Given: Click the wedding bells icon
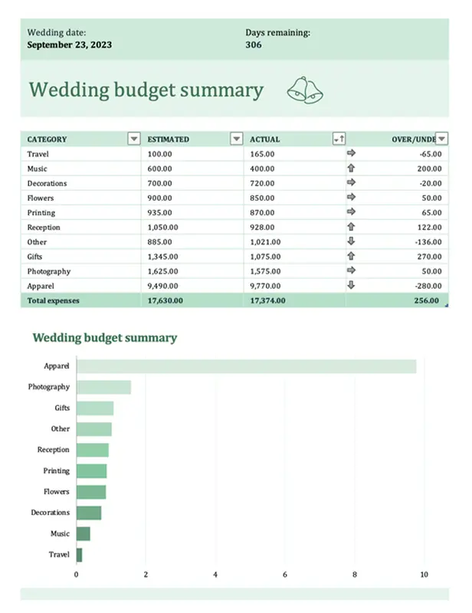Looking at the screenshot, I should (306, 90).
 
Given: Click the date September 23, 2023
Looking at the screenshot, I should (70, 44).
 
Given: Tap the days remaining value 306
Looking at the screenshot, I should (254, 44).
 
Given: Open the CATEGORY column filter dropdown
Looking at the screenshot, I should (134, 139).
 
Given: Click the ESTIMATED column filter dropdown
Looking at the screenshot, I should (236, 139).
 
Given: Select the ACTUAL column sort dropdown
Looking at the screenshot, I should (339, 139).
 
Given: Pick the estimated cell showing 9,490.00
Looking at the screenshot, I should (162, 286).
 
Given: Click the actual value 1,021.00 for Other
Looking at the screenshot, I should (266, 242).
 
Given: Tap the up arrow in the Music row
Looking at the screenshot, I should (352, 169).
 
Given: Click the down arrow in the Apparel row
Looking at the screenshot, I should (352, 285).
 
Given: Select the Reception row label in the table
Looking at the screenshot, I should (44, 228).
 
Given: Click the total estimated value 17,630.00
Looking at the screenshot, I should (165, 300).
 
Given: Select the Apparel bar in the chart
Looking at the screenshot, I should (245, 366).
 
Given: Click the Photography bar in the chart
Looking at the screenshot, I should (103, 387).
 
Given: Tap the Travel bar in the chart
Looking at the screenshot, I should (79, 555).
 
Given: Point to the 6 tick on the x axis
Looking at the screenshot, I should (285, 574).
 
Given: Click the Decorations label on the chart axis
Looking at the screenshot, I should (51, 513).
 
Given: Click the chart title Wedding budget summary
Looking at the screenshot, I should (104, 337).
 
